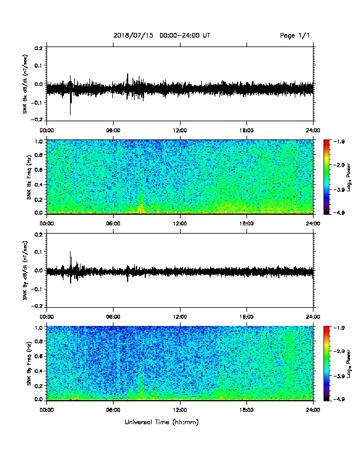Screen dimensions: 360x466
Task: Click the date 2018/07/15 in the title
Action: pyautogui.click(x=134, y=36)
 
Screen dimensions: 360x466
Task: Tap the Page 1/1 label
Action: pyautogui.click(x=295, y=36)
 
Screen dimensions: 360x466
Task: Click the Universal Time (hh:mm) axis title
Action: pyautogui.click(x=162, y=422)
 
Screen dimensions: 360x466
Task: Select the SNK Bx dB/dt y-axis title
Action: pyautogui.click(x=25, y=84)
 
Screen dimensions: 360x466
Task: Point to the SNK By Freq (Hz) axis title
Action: pyautogui.click(x=29, y=363)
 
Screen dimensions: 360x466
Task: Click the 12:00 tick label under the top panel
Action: pyautogui.click(x=180, y=131)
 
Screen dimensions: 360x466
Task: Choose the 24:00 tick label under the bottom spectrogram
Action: pyautogui.click(x=314, y=410)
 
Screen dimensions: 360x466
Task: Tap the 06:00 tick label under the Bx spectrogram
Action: pyautogui.click(x=113, y=224)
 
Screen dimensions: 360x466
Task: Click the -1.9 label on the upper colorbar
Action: pyautogui.click(x=339, y=141)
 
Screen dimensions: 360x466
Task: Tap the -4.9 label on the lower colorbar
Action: pyautogui.click(x=339, y=399)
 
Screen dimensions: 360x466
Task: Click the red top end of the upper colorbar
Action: pyautogui.click(x=326, y=141)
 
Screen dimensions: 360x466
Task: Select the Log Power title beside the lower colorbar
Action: pyautogui.click(x=349, y=364)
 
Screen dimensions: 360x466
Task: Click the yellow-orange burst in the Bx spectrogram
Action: pyautogui.click(x=141, y=208)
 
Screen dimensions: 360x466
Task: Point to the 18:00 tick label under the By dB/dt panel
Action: pyautogui.click(x=246, y=317)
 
